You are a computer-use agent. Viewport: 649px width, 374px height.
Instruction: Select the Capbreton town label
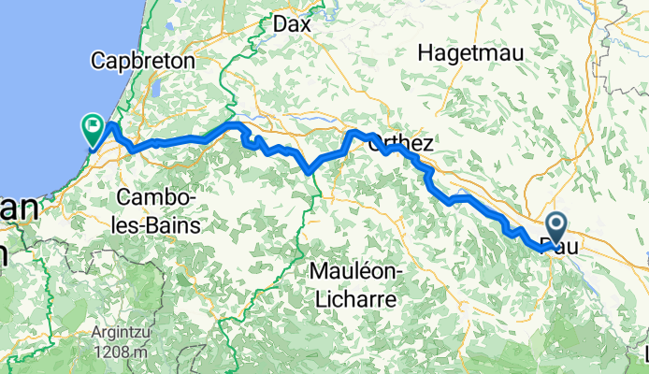pyautogui.click(x=142, y=61)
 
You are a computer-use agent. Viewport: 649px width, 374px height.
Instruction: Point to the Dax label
pyautogui.click(x=291, y=25)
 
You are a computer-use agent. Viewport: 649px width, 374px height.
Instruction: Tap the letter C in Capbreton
pyautogui.click(x=97, y=61)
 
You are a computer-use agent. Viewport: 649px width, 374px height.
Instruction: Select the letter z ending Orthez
pyautogui.click(x=428, y=144)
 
